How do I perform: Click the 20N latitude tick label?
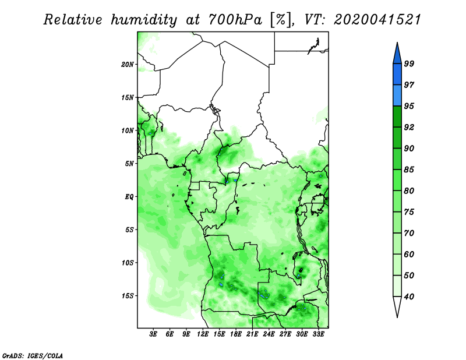point(128,65)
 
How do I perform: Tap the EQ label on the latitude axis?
point(129,197)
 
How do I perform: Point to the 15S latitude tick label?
point(128,296)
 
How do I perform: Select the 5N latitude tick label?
point(129,164)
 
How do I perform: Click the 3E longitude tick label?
point(153,334)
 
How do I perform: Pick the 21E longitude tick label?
point(252,334)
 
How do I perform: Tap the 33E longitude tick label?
point(318,334)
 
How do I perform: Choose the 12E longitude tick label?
point(203,334)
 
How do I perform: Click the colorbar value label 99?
point(409,63)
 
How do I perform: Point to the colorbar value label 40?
point(409,297)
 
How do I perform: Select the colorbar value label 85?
point(409,170)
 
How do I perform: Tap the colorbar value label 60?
point(409,254)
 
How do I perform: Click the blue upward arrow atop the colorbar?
point(397,54)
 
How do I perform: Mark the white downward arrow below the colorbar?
point(397,306)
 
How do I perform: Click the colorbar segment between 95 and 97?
point(397,96)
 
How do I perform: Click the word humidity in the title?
point(144,20)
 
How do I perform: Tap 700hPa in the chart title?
point(235,20)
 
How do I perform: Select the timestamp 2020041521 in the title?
point(377,20)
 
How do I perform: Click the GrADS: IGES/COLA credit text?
point(33,355)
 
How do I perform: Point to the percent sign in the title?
point(280,20)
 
